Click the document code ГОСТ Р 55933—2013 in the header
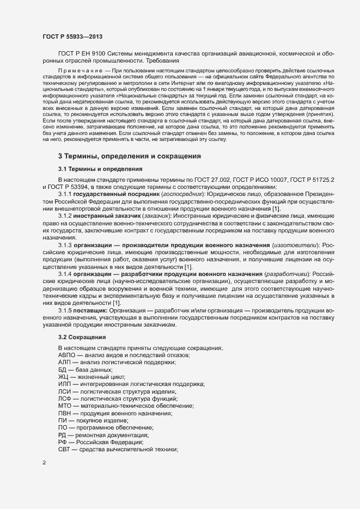click(72, 36)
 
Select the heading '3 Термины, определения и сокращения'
click(130, 156)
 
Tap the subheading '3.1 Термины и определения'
click(100, 169)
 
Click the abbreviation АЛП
click(64, 362)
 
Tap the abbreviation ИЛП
click(65, 384)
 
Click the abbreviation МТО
click(65, 406)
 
